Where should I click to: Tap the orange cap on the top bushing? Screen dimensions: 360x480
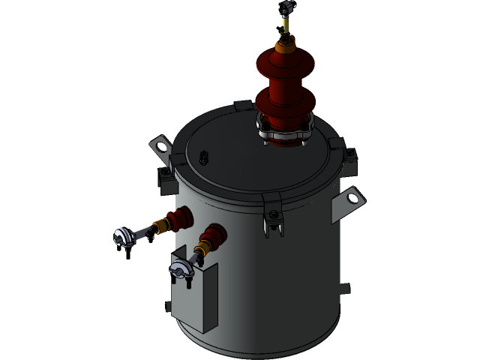tap(284, 45)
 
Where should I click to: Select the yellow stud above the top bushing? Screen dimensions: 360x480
tap(285, 25)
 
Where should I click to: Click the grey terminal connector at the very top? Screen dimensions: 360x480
tap(285, 8)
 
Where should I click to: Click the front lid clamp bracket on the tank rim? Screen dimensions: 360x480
tap(273, 215)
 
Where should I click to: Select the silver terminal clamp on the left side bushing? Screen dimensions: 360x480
tap(126, 237)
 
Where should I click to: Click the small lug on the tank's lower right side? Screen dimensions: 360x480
tap(344, 288)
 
